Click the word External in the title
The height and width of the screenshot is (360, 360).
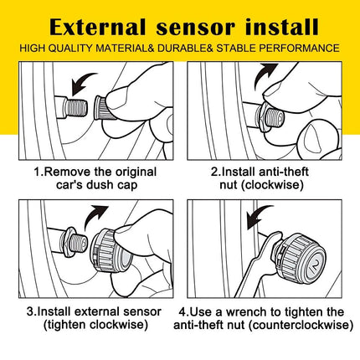[98, 27]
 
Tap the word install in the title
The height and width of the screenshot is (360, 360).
[282, 27]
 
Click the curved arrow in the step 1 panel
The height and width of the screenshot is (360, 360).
[82, 83]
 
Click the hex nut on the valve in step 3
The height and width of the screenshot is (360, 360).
[69, 242]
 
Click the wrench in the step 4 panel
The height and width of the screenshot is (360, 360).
[258, 264]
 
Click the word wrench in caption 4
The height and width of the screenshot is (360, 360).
[244, 311]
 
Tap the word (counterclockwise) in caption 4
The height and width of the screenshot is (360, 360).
[301, 325]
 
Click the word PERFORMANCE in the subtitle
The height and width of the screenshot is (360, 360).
[299, 49]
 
